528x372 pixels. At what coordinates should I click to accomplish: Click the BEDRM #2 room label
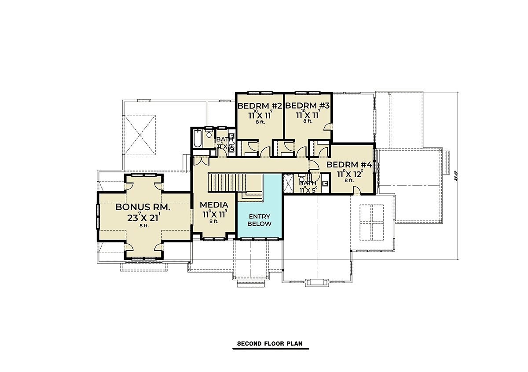[260, 106]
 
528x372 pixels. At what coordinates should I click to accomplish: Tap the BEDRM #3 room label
[307, 106]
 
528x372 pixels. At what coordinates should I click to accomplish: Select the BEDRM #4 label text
[349, 164]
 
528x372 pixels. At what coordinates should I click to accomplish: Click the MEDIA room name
[214, 205]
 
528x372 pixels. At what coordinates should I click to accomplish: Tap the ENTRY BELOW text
[259, 220]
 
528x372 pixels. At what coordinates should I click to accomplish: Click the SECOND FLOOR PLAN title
[270, 343]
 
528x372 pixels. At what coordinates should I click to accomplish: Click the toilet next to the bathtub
[209, 134]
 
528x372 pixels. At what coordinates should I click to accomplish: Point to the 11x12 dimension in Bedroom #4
[349, 174]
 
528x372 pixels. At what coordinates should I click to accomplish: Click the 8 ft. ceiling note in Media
[214, 222]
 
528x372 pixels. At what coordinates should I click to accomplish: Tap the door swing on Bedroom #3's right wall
[327, 128]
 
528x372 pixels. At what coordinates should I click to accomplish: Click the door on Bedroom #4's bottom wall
[357, 190]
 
